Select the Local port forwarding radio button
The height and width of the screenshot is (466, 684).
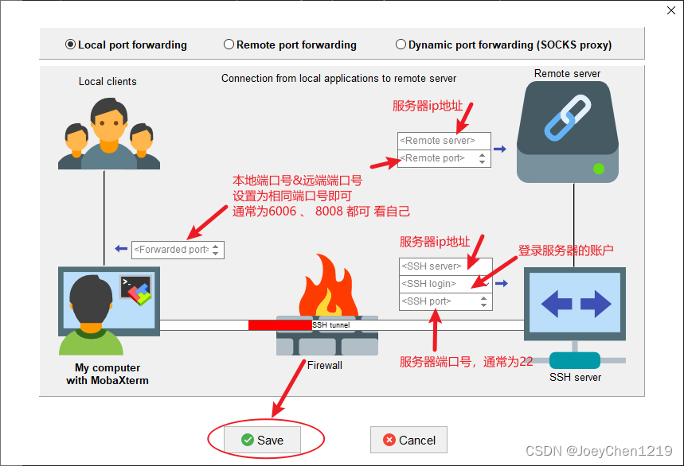tap(71, 45)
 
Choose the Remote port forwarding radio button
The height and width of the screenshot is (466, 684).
tap(229, 45)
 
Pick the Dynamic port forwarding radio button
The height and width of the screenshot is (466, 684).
tap(401, 45)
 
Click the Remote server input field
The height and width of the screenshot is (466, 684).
tap(438, 141)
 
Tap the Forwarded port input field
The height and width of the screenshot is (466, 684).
tap(171, 250)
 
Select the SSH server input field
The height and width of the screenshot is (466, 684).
tap(434, 266)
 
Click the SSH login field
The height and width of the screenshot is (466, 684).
tap(434, 284)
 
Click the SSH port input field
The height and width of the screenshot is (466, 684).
tap(434, 301)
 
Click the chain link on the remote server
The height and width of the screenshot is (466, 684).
tap(567, 117)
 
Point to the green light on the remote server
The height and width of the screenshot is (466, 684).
tap(598, 168)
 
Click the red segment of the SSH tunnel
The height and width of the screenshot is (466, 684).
tap(279, 325)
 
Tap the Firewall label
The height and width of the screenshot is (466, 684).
tap(325, 365)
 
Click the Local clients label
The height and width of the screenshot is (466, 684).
tap(107, 81)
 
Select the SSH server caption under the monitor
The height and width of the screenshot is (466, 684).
tap(575, 377)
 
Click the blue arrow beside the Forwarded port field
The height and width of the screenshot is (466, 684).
tap(121, 249)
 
